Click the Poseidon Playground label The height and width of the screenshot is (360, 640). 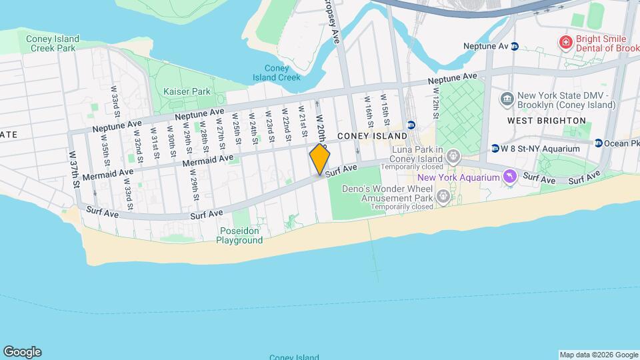(239, 235)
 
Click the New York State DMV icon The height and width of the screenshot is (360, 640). (507, 100)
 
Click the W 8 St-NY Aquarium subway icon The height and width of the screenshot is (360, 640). (495, 148)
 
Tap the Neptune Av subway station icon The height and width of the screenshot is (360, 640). (515, 47)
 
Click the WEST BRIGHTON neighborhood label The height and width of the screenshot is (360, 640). (546, 121)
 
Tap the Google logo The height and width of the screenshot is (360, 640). (22, 352)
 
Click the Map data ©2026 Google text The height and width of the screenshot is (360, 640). (598, 355)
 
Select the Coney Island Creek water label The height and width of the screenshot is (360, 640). (277, 73)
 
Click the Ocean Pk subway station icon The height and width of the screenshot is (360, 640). (599, 143)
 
